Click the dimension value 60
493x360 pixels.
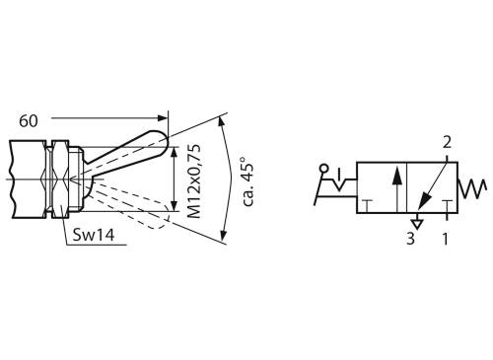point(28,120)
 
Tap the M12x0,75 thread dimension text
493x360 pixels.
point(193,180)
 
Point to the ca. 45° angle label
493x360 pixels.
point(247,179)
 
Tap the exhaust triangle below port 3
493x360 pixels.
point(418,223)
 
